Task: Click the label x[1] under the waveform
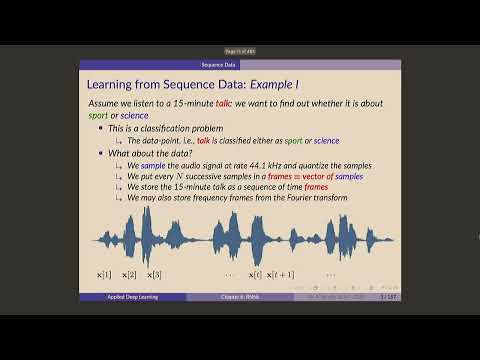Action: coord(103,274)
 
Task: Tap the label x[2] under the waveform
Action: coord(129,274)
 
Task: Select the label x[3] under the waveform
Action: coord(154,274)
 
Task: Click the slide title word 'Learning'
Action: coord(113,86)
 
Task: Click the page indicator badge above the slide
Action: coord(240,51)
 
